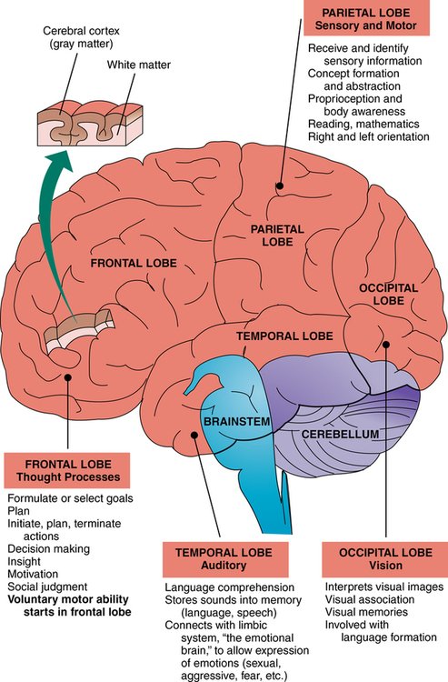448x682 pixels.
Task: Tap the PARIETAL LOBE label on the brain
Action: pyautogui.click(x=258, y=239)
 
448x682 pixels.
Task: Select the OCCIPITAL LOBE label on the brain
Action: pyautogui.click(x=388, y=294)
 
